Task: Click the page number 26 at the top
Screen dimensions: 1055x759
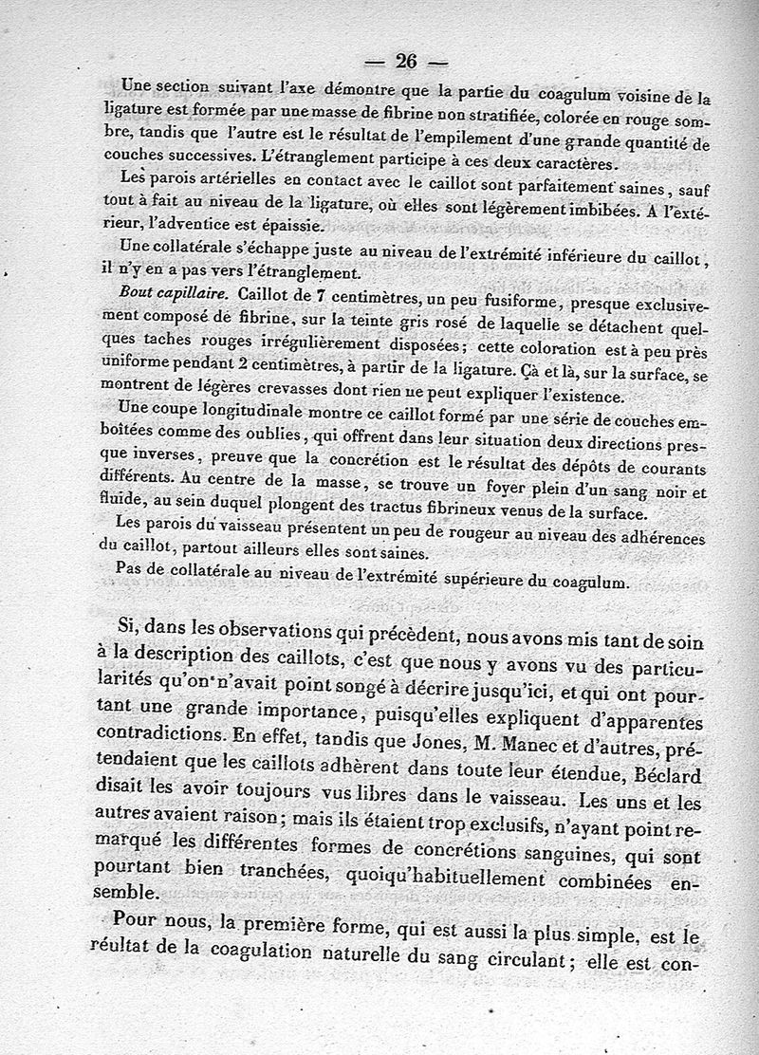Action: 406,62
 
